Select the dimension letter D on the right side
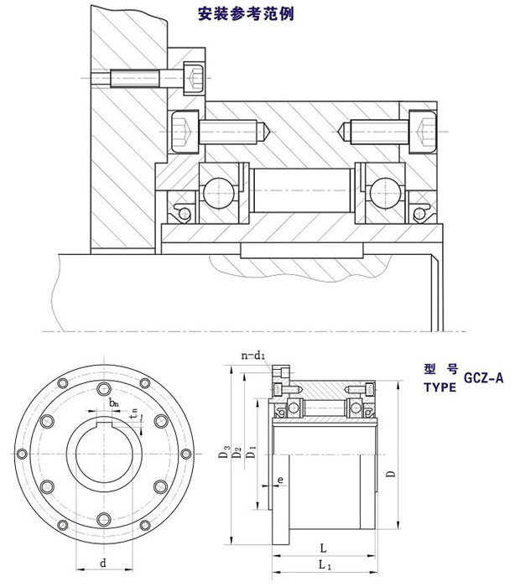point(392,474)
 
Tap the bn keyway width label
point(114,403)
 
